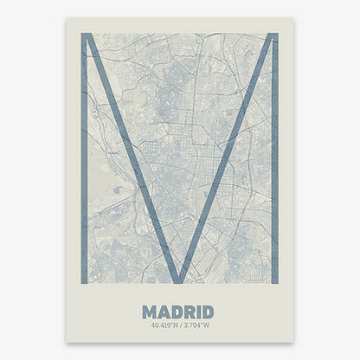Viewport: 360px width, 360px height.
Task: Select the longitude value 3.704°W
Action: [196, 325]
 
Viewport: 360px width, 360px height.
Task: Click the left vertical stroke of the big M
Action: [84, 156]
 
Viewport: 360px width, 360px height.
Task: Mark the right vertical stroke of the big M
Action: [273, 156]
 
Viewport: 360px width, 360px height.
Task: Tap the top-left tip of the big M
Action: [86, 35]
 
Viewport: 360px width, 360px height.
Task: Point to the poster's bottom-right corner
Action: [293, 341]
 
